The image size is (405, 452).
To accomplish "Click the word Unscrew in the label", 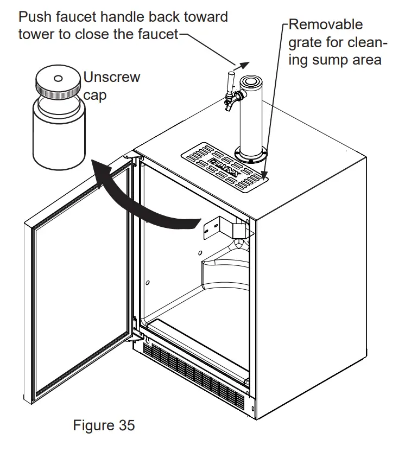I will [111, 77].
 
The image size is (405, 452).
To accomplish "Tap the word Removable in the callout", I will [326, 24].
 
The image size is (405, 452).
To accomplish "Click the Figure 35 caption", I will [104, 425].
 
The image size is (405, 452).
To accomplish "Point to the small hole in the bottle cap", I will [58, 78].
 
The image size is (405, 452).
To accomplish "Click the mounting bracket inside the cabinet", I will [223, 228].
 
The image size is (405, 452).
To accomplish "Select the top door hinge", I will [131, 156].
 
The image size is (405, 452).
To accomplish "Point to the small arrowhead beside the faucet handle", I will [245, 63].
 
